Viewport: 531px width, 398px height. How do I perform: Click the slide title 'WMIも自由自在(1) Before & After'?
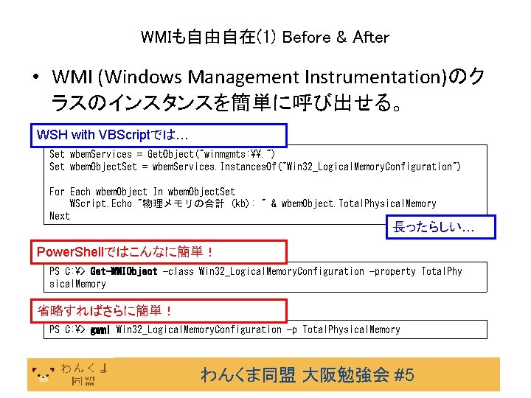[264, 36]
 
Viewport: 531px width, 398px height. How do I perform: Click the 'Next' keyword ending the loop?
[59, 216]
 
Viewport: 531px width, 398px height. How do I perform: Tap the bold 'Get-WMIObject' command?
[124, 271]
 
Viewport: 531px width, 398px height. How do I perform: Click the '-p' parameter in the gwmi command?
[291, 329]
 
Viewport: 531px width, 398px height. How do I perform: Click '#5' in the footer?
[404, 375]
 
